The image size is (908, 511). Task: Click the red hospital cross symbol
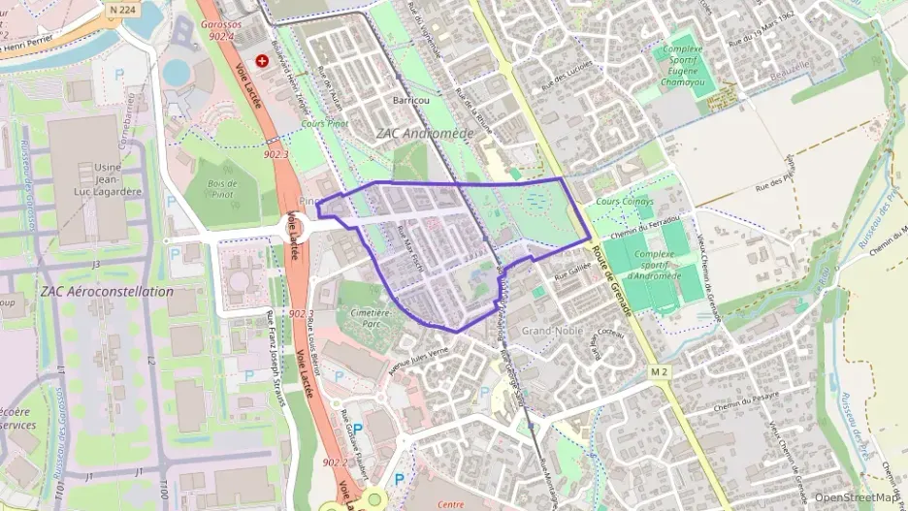point(262,60)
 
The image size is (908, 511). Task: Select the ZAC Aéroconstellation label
point(107,291)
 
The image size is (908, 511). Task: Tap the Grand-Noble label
point(550,332)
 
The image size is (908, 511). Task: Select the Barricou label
point(410,100)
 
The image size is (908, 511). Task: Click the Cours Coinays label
point(625,202)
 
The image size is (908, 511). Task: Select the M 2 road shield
point(660,372)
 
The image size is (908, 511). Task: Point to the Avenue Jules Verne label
point(419,359)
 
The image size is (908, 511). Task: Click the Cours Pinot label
point(325,124)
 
